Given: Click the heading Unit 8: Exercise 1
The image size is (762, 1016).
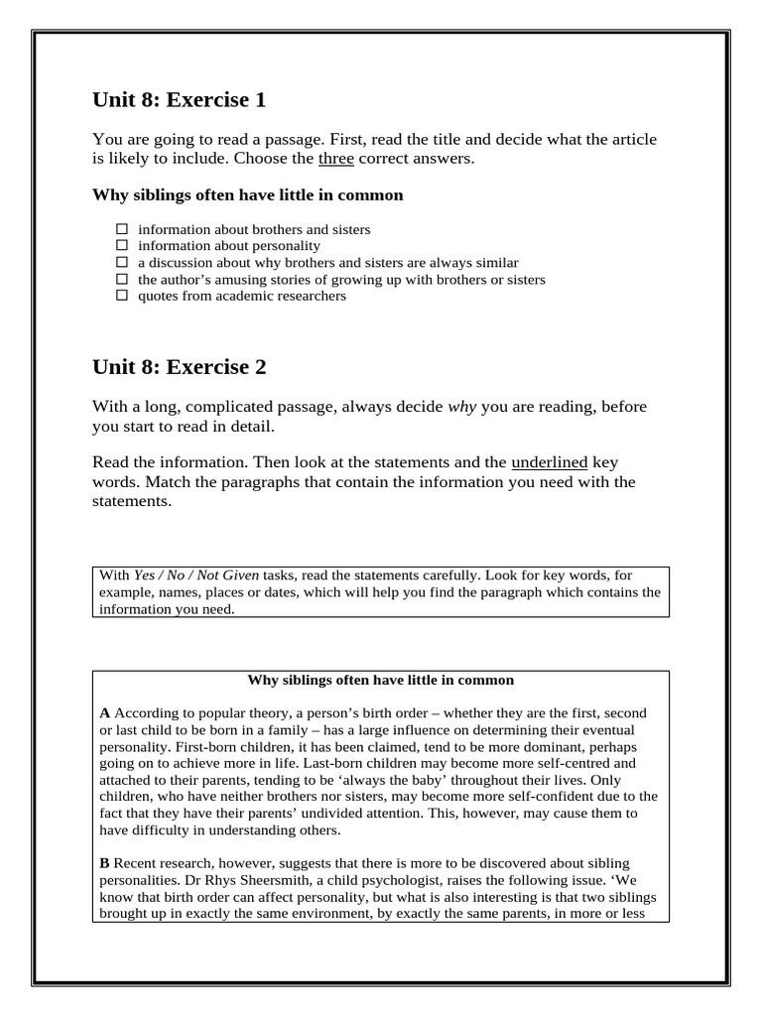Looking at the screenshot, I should (179, 100).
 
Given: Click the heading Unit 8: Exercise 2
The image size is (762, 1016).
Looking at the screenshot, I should (179, 367).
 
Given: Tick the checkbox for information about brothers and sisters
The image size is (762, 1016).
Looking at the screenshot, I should (122, 229).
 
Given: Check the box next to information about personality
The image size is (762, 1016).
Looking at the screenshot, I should (122, 246).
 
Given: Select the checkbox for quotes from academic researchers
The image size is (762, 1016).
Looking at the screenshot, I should (122, 296).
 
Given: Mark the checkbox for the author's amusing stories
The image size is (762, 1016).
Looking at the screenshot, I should (122, 280).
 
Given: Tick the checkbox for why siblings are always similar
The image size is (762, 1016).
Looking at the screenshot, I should (122, 263).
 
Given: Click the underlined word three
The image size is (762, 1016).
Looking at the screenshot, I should (335, 158).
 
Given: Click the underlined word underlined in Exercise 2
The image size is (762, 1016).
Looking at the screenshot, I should (549, 462).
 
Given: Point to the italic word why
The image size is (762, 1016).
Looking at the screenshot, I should (462, 407).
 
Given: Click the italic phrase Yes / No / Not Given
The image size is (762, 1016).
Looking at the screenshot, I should (175, 575).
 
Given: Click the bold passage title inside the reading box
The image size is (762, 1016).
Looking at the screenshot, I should (380, 680).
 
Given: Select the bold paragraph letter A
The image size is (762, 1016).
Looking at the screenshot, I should (105, 713).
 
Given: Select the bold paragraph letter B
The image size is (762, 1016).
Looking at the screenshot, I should (105, 864).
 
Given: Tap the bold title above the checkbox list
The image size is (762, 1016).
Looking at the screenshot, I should (247, 194).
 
